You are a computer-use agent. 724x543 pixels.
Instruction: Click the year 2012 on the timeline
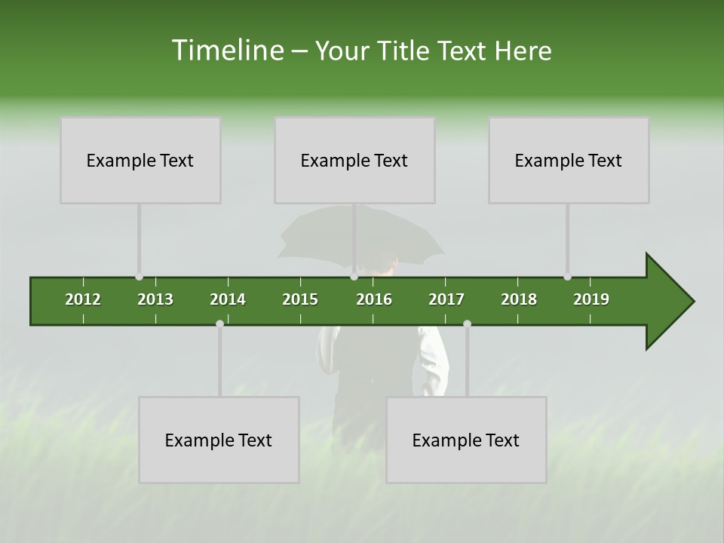(x=83, y=299)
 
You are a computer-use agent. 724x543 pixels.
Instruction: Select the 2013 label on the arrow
(x=155, y=299)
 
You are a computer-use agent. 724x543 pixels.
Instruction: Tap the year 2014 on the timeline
(x=228, y=299)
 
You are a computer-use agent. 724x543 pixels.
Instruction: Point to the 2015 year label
(x=300, y=299)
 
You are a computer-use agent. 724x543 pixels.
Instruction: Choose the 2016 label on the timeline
(x=374, y=299)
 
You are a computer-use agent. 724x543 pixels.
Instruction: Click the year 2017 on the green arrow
(x=446, y=299)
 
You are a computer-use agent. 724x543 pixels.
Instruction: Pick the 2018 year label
(x=519, y=299)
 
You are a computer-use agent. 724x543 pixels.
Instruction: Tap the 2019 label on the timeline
(x=591, y=299)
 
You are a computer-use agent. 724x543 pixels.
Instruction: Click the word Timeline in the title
(x=227, y=51)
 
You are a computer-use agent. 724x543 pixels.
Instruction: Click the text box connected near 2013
(x=140, y=160)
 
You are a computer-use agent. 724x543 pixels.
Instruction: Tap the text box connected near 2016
(x=354, y=160)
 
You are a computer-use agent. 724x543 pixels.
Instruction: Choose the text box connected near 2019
(x=569, y=160)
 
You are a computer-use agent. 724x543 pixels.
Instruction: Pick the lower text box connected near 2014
(x=219, y=440)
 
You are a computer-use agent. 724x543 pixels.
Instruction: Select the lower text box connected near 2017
(x=466, y=440)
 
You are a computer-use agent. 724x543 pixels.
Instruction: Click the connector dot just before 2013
(x=139, y=277)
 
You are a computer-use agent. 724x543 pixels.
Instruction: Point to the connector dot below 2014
(x=219, y=324)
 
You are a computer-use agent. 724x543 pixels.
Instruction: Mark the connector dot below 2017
(x=467, y=324)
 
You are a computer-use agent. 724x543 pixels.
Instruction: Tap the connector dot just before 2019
(x=567, y=277)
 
